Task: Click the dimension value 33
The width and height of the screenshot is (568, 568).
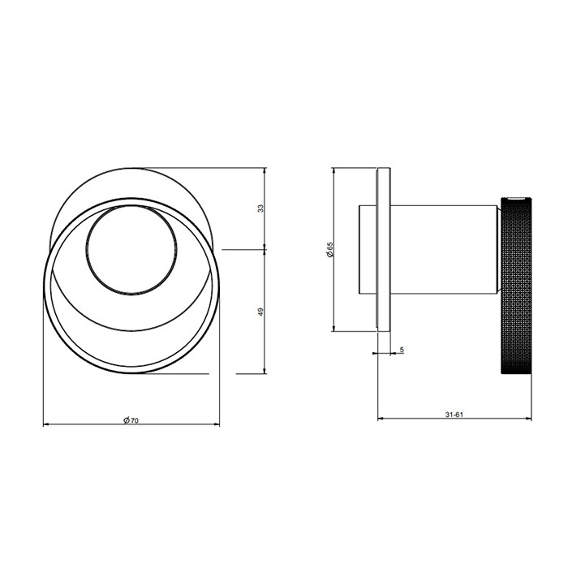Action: click(260, 208)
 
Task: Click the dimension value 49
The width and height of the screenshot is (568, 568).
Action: click(260, 312)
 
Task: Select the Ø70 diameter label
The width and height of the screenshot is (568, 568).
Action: click(131, 420)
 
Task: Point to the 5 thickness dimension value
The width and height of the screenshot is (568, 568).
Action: click(402, 350)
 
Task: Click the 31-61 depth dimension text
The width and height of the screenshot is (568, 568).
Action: click(454, 415)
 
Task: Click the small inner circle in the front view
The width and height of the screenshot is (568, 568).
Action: click(131, 249)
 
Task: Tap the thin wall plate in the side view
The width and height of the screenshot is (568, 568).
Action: click(383, 249)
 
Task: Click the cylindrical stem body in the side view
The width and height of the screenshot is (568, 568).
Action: click(444, 249)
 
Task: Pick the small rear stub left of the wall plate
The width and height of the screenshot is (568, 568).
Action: click(368, 249)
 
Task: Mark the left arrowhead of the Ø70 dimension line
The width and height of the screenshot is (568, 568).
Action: click(45, 424)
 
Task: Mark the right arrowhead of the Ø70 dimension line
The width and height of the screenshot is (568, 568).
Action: click(217, 424)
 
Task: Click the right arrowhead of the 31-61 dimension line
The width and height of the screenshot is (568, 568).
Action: click(529, 420)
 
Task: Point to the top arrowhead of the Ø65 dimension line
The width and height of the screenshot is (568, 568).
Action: click(334, 170)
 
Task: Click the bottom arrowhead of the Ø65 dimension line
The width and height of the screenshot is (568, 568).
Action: click(334, 329)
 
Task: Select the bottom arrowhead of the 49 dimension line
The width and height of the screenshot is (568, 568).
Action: click(265, 371)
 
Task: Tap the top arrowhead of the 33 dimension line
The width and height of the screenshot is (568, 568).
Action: click(265, 170)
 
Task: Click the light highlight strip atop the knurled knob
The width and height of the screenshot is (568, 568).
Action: click(515, 198)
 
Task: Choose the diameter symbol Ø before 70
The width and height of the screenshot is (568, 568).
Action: click(126, 420)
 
